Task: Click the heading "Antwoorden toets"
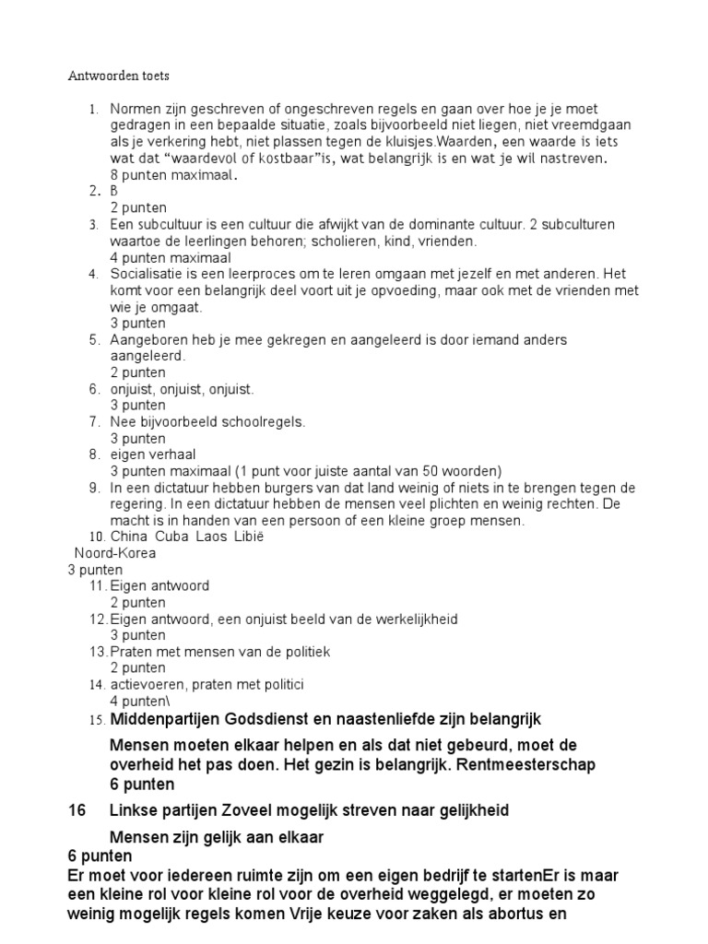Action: click(119, 76)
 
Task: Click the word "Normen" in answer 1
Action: click(135, 109)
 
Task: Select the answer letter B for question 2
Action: click(115, 192)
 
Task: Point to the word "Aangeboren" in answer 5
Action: click(148, 339)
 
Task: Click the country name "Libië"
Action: click(248, 537)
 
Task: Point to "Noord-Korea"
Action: click(115, 553)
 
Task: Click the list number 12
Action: click(99, 619)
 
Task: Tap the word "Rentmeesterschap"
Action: click(537, 764)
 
